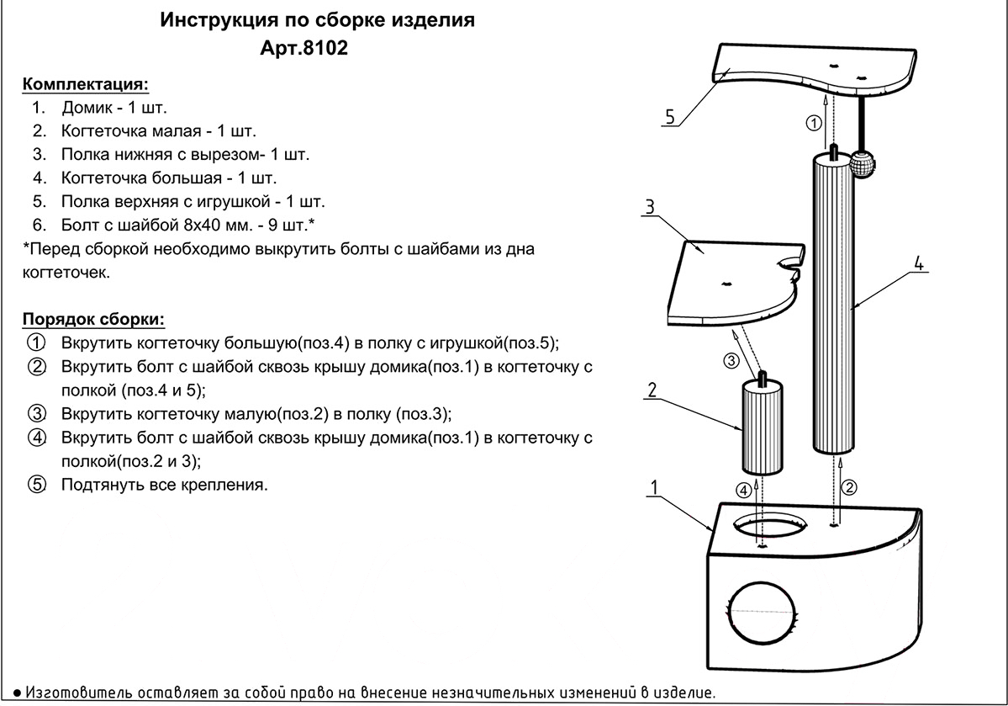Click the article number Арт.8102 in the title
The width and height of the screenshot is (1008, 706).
tap(303, 48)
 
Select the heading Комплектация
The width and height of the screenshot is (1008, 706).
tap(86, 84)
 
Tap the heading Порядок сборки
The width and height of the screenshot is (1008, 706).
tap(94, 320)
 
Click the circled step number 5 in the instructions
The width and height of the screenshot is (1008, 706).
tap(37, 484)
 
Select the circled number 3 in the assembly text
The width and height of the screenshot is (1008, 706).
tap(37, 413)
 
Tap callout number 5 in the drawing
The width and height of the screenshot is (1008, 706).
tap(670, 117)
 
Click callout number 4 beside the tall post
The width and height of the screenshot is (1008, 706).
tap(919, 264)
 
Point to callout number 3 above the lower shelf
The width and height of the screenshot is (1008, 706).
tap(650, 207)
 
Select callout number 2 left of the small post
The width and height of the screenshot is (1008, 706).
tap(652, 390)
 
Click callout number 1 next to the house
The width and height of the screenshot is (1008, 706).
tap(654, 487)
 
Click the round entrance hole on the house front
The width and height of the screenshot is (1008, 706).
tap(762, 612)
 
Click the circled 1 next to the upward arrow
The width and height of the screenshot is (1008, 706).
tap(814, 122)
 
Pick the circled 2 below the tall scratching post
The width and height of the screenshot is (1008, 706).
tap(849, 487)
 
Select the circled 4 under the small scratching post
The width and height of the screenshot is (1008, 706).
tap(744, 491)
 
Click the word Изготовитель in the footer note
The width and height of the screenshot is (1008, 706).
tap(80, 693)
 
